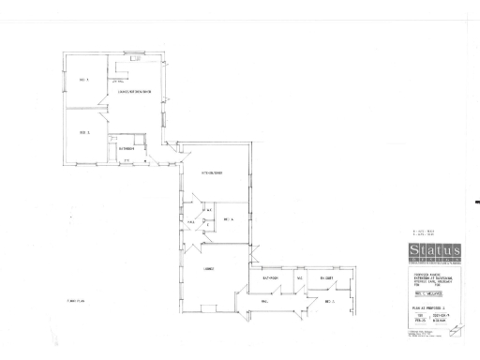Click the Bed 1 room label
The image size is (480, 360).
[82, 81]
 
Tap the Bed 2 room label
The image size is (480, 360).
[83, 132]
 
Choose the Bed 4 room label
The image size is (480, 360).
[228, 218]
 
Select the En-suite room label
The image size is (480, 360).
[327, 278]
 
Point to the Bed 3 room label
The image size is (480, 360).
[329, 302]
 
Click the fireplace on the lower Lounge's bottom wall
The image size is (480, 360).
[208, 310]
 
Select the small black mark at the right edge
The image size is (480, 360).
[477, 201]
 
